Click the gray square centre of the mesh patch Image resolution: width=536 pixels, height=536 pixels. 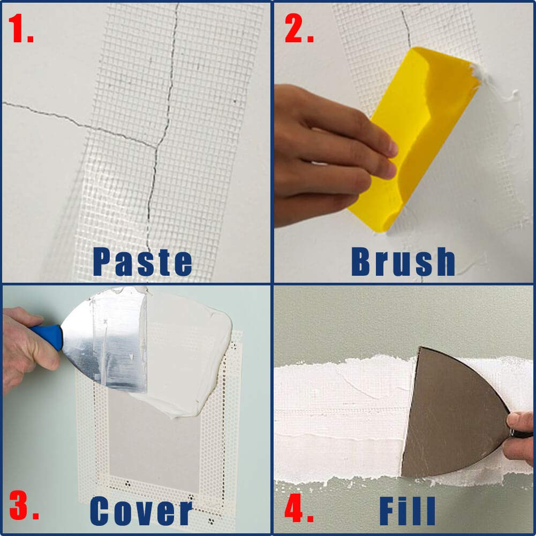point(155,444)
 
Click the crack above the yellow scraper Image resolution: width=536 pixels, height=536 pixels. point(406,27)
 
